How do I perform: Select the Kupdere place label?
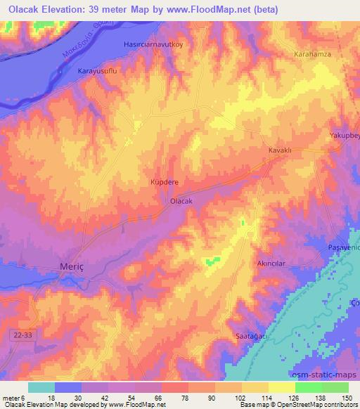(x=165, y=181)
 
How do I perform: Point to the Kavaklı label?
(x=279, y=150)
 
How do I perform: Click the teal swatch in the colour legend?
(x=41, y=387)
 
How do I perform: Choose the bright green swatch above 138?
(x=309, y=387)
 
